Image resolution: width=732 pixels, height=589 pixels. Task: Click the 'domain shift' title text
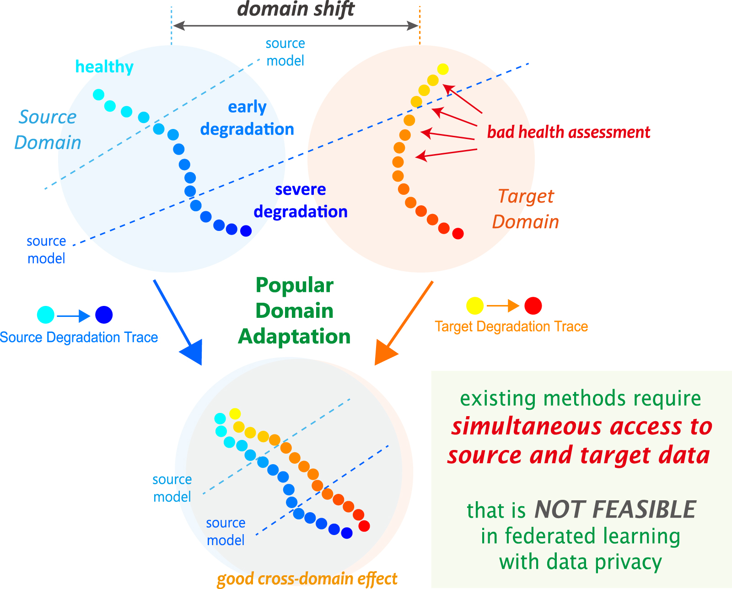296,9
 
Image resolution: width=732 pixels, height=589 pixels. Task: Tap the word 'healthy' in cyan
104,67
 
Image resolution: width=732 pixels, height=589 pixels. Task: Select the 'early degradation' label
247,118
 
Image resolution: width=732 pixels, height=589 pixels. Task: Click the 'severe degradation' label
301,200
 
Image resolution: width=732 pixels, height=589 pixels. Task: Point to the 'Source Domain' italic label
48,130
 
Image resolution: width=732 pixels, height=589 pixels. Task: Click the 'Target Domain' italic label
526,209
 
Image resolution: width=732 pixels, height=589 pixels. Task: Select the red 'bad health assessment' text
568,132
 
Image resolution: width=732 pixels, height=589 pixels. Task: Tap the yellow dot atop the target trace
443,69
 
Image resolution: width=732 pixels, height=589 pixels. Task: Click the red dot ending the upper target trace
458,234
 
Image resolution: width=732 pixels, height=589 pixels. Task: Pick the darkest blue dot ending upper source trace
246,231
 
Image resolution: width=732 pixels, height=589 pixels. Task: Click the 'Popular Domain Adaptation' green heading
294,311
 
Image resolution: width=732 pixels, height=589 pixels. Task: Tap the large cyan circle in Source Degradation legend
46,315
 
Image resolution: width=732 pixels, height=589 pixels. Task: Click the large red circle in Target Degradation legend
533,305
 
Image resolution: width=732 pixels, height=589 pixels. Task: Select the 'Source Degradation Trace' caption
79,337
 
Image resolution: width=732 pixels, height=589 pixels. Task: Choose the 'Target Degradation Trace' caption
511,327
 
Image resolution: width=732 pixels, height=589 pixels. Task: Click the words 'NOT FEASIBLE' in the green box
615,509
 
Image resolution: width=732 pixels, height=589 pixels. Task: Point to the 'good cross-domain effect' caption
307,579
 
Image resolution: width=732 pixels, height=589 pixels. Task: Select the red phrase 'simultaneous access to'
581,427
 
